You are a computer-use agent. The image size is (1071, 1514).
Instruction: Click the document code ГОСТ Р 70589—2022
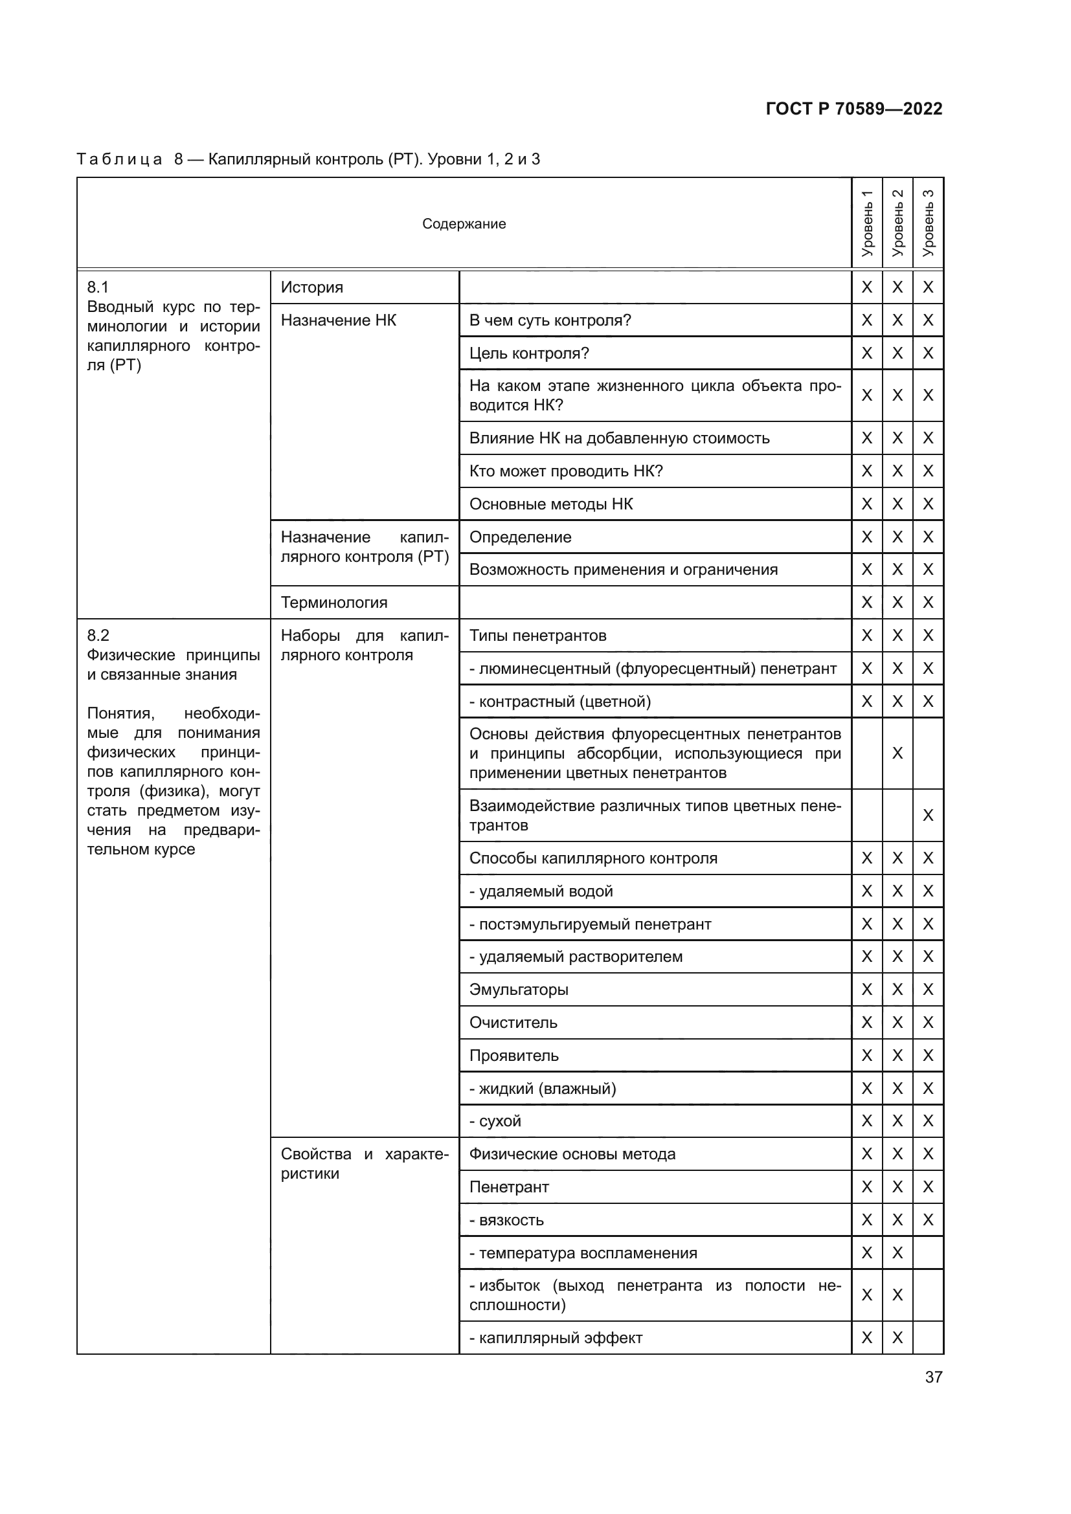[853, 109]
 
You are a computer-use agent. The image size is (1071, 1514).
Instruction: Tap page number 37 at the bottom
[933, 1377]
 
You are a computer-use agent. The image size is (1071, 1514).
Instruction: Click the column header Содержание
[464, 224]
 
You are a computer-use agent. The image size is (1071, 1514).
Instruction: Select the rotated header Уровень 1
[866, 223]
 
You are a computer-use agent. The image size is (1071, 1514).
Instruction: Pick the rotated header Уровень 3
[928, 223]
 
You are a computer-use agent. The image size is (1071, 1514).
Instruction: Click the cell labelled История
[312, 287]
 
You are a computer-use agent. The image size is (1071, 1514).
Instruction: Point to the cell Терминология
[333, 603]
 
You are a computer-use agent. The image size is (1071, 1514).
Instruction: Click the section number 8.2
[98, 635]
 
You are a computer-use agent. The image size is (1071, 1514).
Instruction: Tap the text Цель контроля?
[529, 353]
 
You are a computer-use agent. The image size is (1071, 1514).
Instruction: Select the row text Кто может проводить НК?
[566, 471]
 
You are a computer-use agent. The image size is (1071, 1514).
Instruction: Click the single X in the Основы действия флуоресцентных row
[897, 753]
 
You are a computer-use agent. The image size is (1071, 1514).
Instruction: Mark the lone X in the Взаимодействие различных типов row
[928, 815]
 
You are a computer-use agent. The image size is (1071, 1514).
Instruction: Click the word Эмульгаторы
[519, 990]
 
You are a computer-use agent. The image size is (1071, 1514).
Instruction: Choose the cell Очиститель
[513, 1023]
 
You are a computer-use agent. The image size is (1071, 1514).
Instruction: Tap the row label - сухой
[495, 1121]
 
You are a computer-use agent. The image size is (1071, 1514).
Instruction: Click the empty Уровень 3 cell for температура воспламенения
[928, 1253]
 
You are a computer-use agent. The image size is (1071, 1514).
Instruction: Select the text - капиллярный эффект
[556, 1338]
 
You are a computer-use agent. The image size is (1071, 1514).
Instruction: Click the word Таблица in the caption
[119, 160]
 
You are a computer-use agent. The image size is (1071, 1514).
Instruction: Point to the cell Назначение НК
[338, 320]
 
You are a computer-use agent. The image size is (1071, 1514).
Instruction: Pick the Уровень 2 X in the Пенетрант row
[897, 1187]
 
